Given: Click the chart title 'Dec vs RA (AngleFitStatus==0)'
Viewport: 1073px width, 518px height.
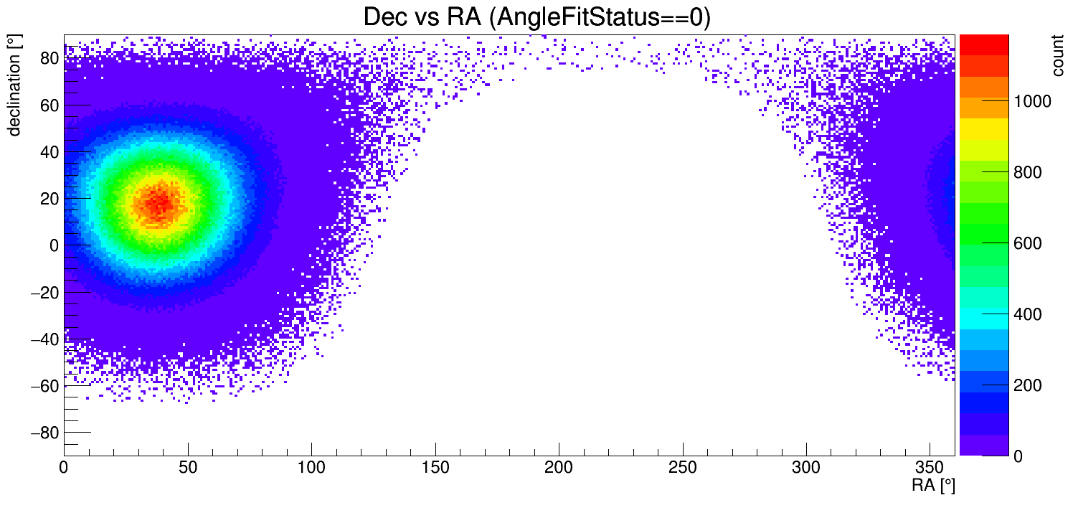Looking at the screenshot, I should click(x=536, y=17).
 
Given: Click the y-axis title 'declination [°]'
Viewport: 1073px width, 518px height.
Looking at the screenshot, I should click(x=14, y=85).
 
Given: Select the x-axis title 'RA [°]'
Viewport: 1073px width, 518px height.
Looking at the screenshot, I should click(x=933, y=486).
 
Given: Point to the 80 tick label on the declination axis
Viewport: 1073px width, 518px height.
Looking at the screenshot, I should click(x=49, y=58).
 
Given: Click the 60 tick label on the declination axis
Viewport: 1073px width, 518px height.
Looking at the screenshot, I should click(x=49, y=105).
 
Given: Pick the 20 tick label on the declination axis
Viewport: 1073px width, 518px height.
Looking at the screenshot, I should click(x=49, y=199).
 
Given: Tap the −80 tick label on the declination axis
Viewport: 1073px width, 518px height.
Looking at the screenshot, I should click(x=44, y=433).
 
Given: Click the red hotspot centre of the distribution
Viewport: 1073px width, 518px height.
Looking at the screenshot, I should click(x=159, y=202).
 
